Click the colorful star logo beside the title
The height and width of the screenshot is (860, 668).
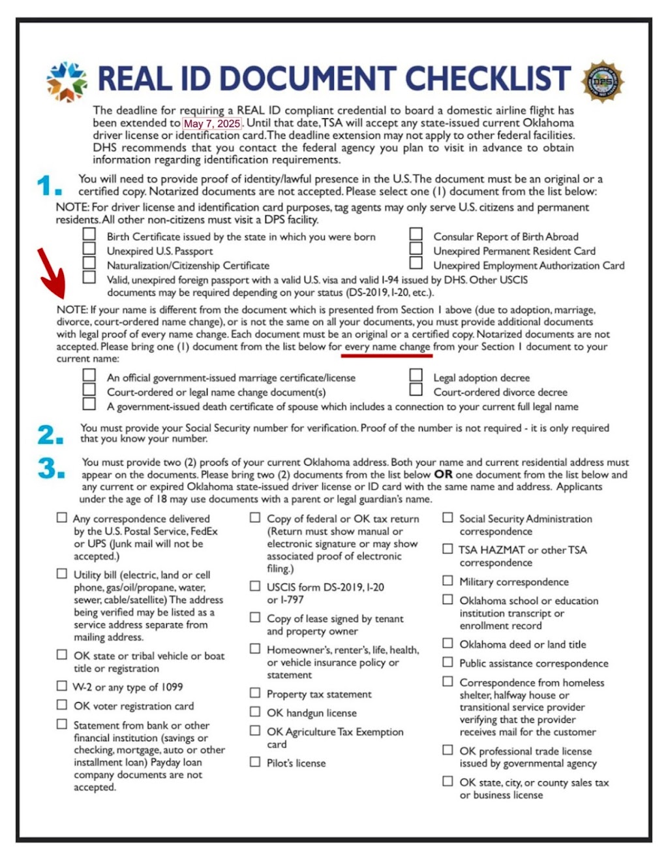(67, 82)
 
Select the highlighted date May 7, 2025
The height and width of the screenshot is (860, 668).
(211, 123)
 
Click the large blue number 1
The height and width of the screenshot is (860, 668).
(48, 185)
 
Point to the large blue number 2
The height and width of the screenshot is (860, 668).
(50, 434)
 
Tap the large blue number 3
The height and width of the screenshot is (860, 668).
(51, 468)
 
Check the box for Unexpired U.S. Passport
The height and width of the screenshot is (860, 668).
(89, 248)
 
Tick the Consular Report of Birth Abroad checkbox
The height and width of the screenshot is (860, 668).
(416, 234)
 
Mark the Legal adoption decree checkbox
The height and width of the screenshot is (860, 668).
(416, 375)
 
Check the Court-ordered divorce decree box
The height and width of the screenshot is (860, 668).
(416, 389)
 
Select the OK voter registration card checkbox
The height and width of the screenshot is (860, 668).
(61, 705)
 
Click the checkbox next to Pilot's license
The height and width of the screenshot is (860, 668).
(255, 761)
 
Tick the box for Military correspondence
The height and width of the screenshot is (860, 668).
(448, 580)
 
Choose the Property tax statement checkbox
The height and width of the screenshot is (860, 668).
(255, 692)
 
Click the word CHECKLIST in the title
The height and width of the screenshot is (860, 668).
(488, 78)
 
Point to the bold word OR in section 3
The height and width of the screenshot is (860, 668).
(443, 474)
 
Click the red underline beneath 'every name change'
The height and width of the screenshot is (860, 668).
(387, 356)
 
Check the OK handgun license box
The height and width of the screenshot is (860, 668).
(255, 711)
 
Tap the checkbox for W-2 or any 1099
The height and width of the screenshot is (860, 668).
(61, 686)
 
